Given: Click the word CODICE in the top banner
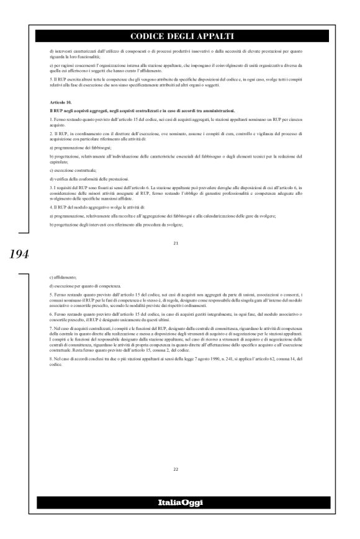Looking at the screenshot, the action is pyautogui.click(x=147, y=36).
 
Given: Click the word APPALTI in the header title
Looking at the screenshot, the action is pyautogui.click(x=215, y=36).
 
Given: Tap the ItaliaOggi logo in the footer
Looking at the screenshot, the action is pyautogui.click(x=179, y=502).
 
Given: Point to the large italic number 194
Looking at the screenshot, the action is pyautogui.click(x=12, y=254).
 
